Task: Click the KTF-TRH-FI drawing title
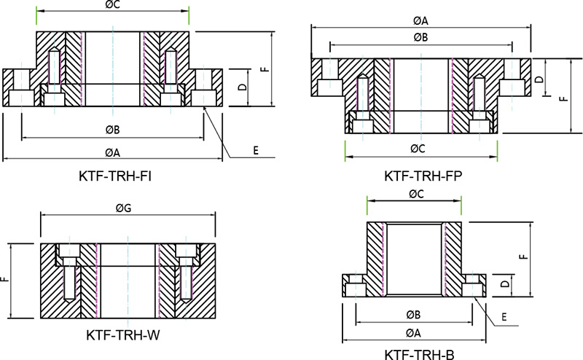click(115, 176)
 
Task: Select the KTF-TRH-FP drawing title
click(423, 176)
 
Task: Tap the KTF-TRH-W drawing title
click(122, 335)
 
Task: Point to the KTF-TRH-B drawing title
click(419, 355)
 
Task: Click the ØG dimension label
click(123, 208)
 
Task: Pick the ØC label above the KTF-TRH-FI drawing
click(112, 5)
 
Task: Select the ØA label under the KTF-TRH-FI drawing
click(112, 152)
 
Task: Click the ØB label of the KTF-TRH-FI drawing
click(112, 130)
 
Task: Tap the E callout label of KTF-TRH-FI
click(256, 151)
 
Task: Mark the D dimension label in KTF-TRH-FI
click(243, 87)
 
